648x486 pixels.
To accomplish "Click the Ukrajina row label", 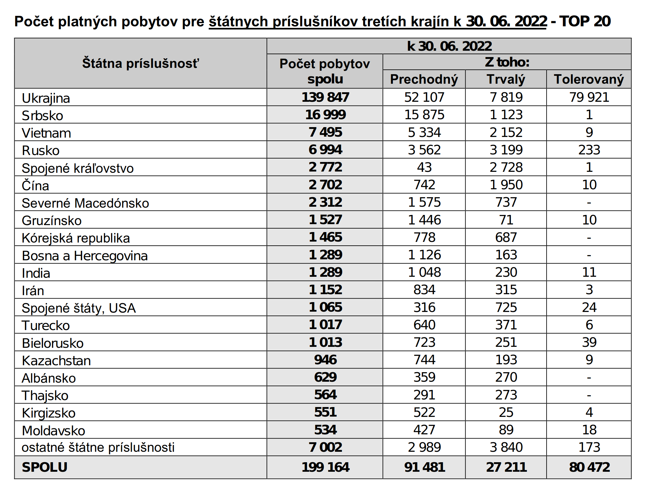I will pyautogui.click(x=46, y=98).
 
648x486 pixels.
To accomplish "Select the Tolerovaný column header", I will pyautogui.click(x=589, y=79).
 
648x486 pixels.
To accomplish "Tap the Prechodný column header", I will pyautogui.click(x=424, y=79).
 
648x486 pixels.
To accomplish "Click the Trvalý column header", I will pyautogui.click(x=506, y=79).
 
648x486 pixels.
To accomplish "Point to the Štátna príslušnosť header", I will pyautogui.click(x=141, y=63).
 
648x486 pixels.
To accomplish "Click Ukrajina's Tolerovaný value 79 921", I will pyautogui.click(x=589, y=97).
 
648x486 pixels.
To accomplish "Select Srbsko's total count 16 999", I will pyautogui.click(x=325, y=115).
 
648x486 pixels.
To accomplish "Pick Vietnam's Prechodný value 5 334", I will pyautogui.click(x=424, y=133).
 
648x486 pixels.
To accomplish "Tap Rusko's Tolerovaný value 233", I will pyautogui.click(x=589, y=150).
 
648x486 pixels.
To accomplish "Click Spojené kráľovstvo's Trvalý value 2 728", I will pyautogui.click(x=506, y=167).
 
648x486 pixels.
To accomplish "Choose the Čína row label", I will pyautogui.click(x=35, y=186).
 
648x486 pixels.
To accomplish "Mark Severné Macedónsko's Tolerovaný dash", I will pyautogui.click(x=589, y=202).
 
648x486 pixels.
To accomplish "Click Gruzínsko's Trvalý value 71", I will pyautogui.click(x=506, y=220).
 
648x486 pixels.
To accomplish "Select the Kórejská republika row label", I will pyautogui.click(x=76, y=238).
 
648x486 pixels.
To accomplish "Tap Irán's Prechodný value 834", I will pyautogui.click(x=424, y=290).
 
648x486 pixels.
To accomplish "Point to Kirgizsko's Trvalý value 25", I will pyautogui.click(x=506, y=412).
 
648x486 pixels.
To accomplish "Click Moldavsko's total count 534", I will pyautogui.click(x=325, y=430).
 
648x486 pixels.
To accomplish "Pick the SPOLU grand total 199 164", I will pyautogui.click(x=325, y=467).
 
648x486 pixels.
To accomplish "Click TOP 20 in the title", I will pyautogui.click(x=585, y=22).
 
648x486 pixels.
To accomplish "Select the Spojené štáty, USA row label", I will pyautogui.click(x=79, y=308).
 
